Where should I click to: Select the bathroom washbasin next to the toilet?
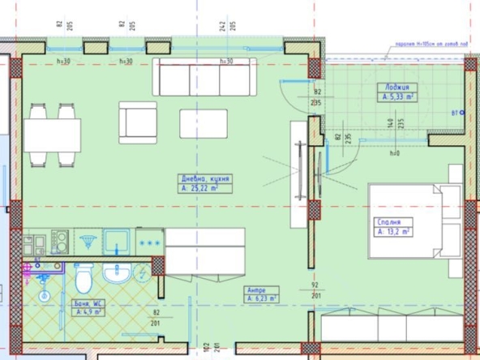coord(118,272)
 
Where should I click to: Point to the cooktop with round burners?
coord(59,241)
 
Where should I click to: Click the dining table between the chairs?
coord(52,135)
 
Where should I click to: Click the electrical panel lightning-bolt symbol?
coord(87,240)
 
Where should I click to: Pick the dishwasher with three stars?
coord(149,241)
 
